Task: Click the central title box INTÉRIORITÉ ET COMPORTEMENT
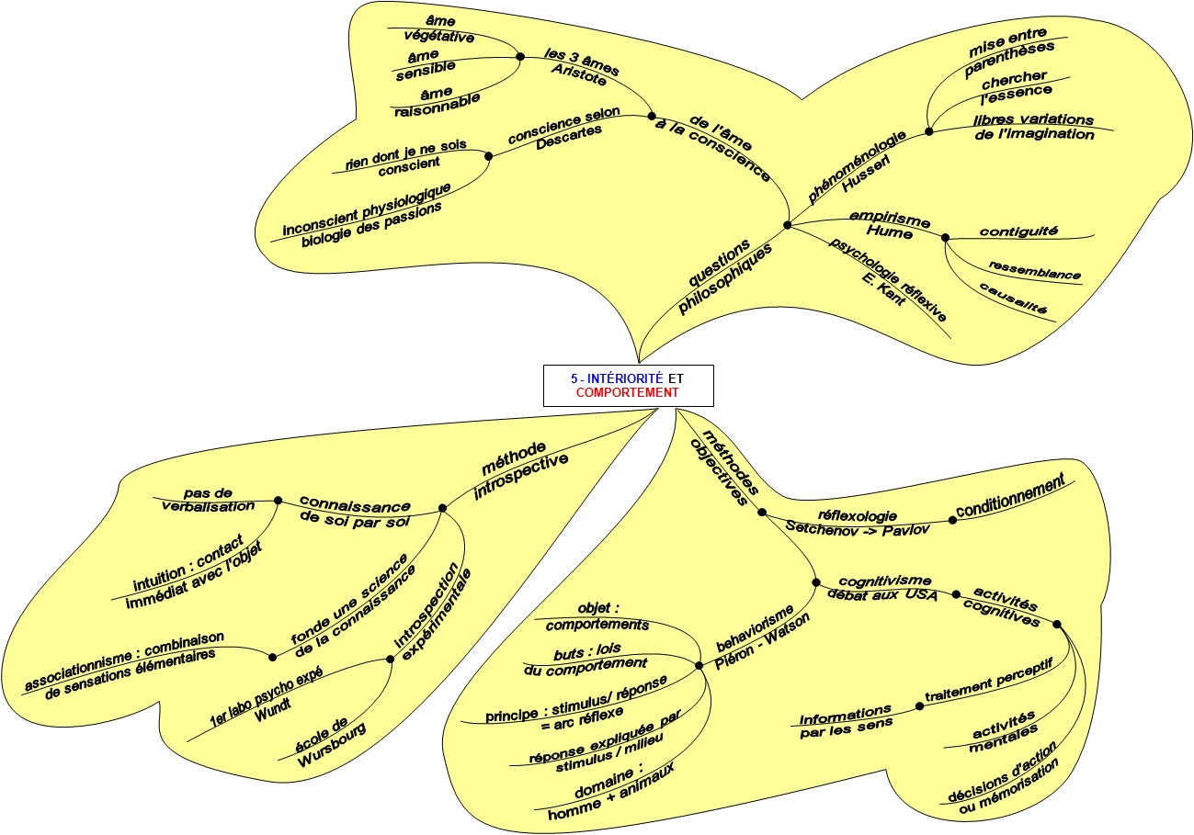click(628, 385)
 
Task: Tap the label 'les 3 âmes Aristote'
click(580, 65)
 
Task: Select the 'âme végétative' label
click(440, 29)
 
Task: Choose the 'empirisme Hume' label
click(889, 225)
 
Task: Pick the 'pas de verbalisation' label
click(208, 499)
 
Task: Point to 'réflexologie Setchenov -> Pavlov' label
click(857, 523)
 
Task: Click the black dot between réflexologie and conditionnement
click(952, 520)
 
